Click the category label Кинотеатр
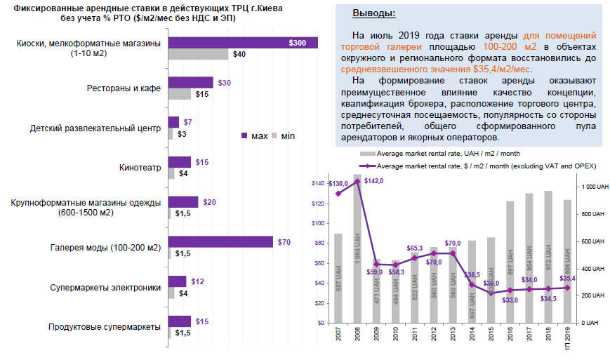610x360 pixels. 140,168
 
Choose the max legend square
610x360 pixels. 244,136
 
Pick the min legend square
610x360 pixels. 275,136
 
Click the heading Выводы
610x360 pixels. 373,13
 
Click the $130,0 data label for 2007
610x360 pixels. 338,184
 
